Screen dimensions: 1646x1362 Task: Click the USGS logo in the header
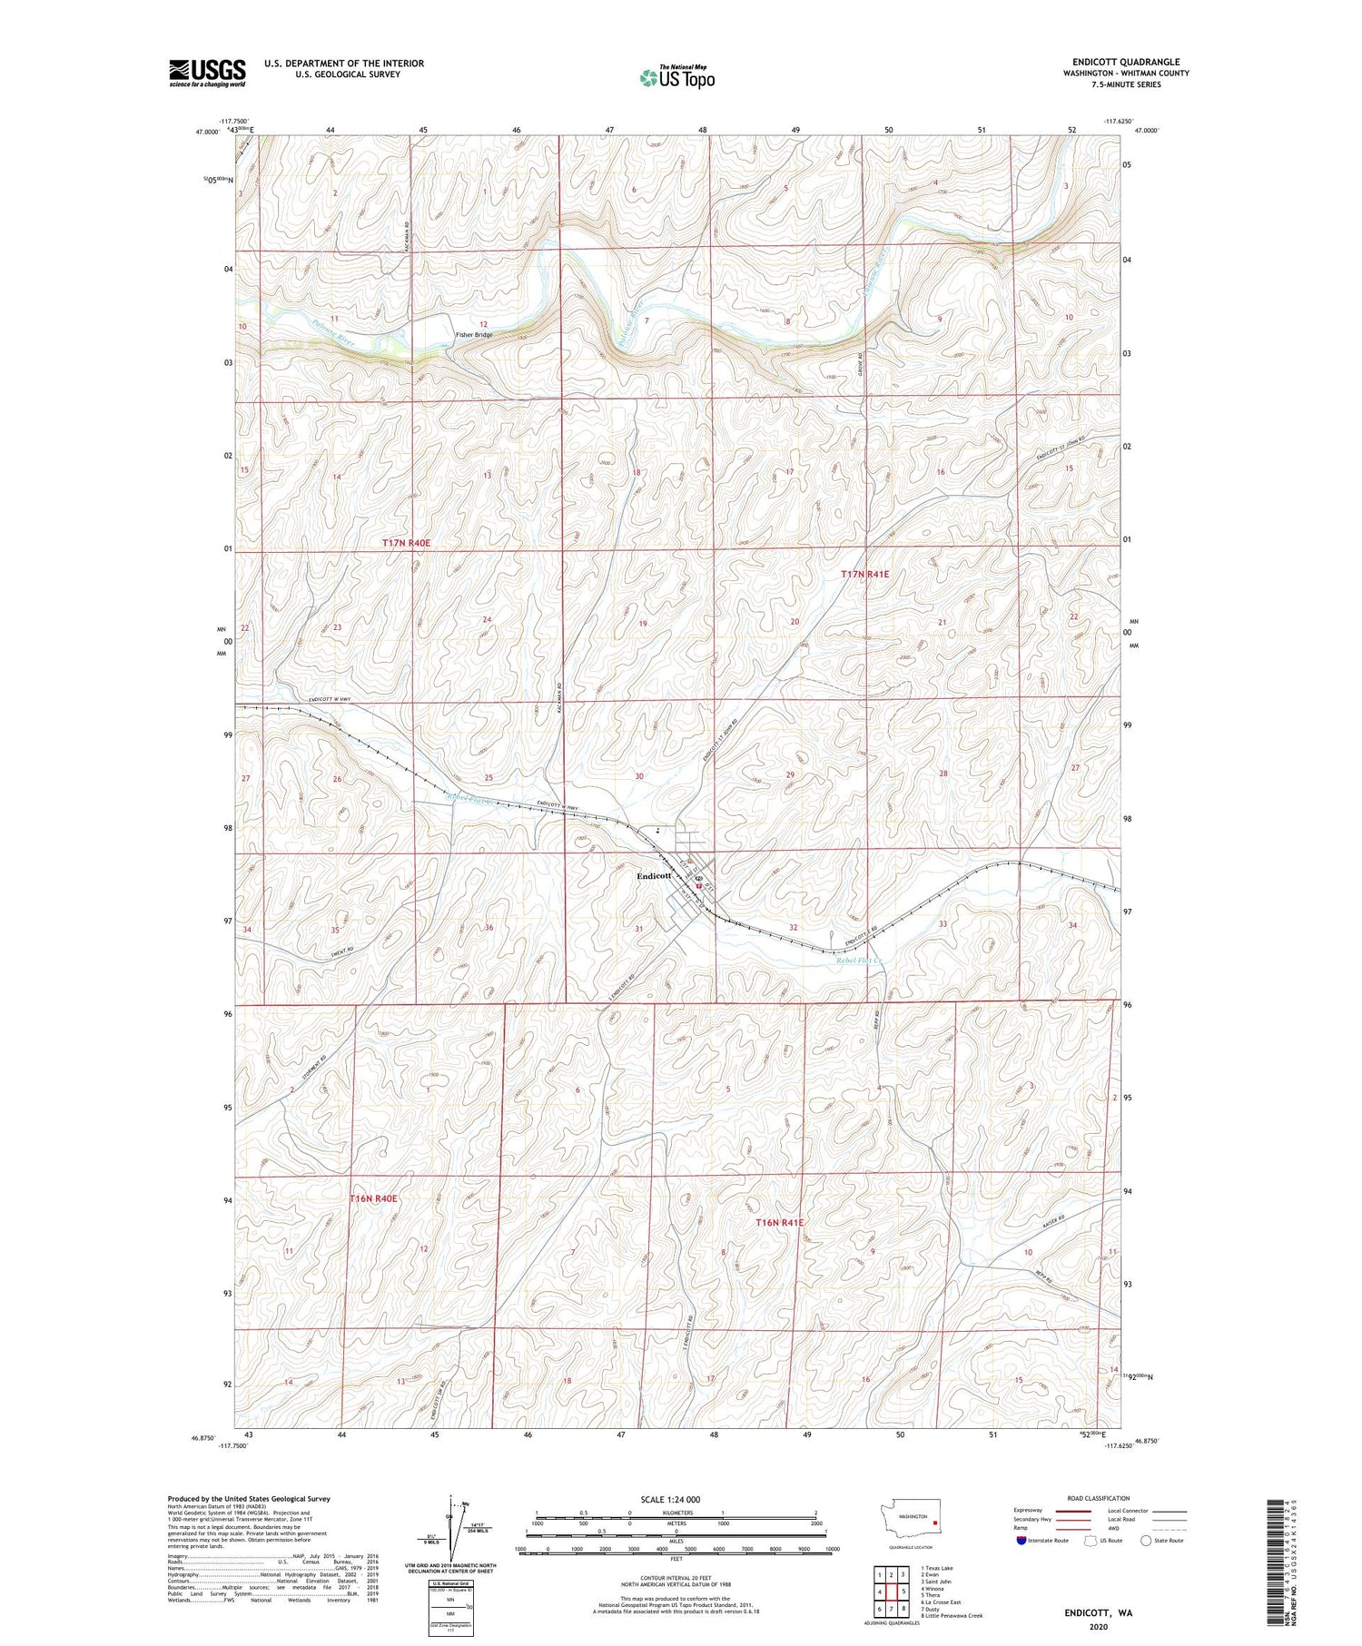click(x=207, y=73)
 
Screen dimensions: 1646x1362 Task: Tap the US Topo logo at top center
click(x=676, y=78)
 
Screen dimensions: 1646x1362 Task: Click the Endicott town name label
click(x=654, y=876)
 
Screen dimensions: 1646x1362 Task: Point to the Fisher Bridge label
click(x=474, y=335)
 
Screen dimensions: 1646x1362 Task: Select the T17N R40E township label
click(x=406, y=542)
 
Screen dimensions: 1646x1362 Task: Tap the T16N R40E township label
click(x=373, y=1198)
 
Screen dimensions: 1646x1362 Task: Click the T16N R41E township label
click(x=780, y=1223)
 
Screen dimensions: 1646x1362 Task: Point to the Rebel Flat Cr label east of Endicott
click(x=860, y=961)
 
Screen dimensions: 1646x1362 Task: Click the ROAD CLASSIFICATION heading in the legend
click(x=1098, y=1498)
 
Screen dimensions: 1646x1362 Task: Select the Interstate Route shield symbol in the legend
click(x=1021, y=1541)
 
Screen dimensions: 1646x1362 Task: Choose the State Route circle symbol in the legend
click(x=1146, y=1541)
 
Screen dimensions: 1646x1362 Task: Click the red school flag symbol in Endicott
click(x=699, y=880)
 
